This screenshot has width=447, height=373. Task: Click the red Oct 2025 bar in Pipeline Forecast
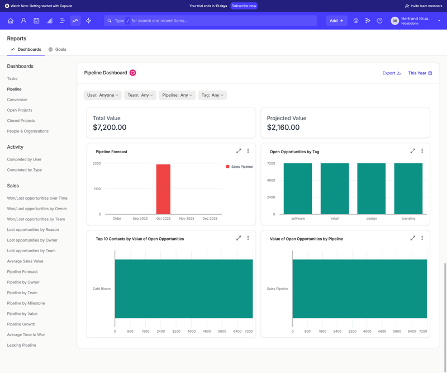[x=163, y=189]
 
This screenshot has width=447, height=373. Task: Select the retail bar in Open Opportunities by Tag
[x=335, y=188]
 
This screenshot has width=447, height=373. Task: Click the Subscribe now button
[x=244, y=6]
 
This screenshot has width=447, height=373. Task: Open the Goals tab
[x=58, y=49]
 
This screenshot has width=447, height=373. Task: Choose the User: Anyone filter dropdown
[x=102, y=95]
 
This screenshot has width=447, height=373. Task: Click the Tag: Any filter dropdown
[x=212, y=95]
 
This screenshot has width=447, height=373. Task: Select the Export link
[x=391, y=73]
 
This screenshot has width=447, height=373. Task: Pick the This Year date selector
[x=420, y=73]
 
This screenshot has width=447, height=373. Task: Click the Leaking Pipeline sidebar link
[x=22, y=345]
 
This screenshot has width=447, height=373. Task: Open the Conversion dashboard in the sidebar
[x=17, y=100]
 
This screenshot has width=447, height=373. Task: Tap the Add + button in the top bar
[x=336, y=21]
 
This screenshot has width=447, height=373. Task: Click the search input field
[x=212, y=21]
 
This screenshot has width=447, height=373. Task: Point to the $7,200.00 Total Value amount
[x=110, y=128]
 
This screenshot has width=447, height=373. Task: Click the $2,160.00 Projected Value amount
[x=283, y=128]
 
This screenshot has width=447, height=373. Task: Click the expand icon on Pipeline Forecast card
[x=239, y=151]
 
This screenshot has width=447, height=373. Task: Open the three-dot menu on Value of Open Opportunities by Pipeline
[x=422, y=238]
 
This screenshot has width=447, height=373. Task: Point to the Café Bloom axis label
[x=102, y=289]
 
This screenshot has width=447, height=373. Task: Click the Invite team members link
[x=423, y=6]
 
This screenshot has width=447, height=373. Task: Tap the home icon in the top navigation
[x=11, y=21]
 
